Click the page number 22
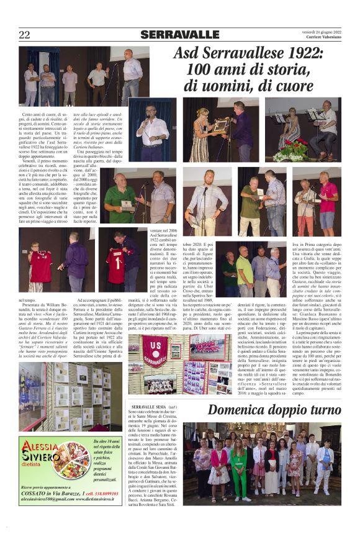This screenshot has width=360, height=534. pos(24,35)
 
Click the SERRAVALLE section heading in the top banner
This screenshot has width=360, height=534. pos(179,35)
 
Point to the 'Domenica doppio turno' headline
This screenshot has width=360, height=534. pos(273,410)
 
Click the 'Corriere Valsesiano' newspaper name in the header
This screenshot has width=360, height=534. pos(322,39)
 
